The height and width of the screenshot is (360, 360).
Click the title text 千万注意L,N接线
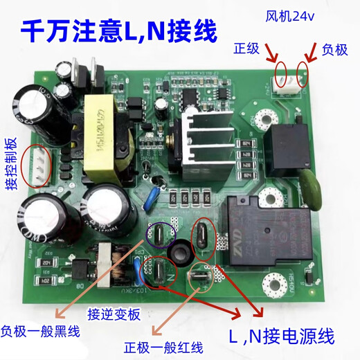118,30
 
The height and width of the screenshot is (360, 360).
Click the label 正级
246,50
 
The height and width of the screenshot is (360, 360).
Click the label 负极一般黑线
39,332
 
